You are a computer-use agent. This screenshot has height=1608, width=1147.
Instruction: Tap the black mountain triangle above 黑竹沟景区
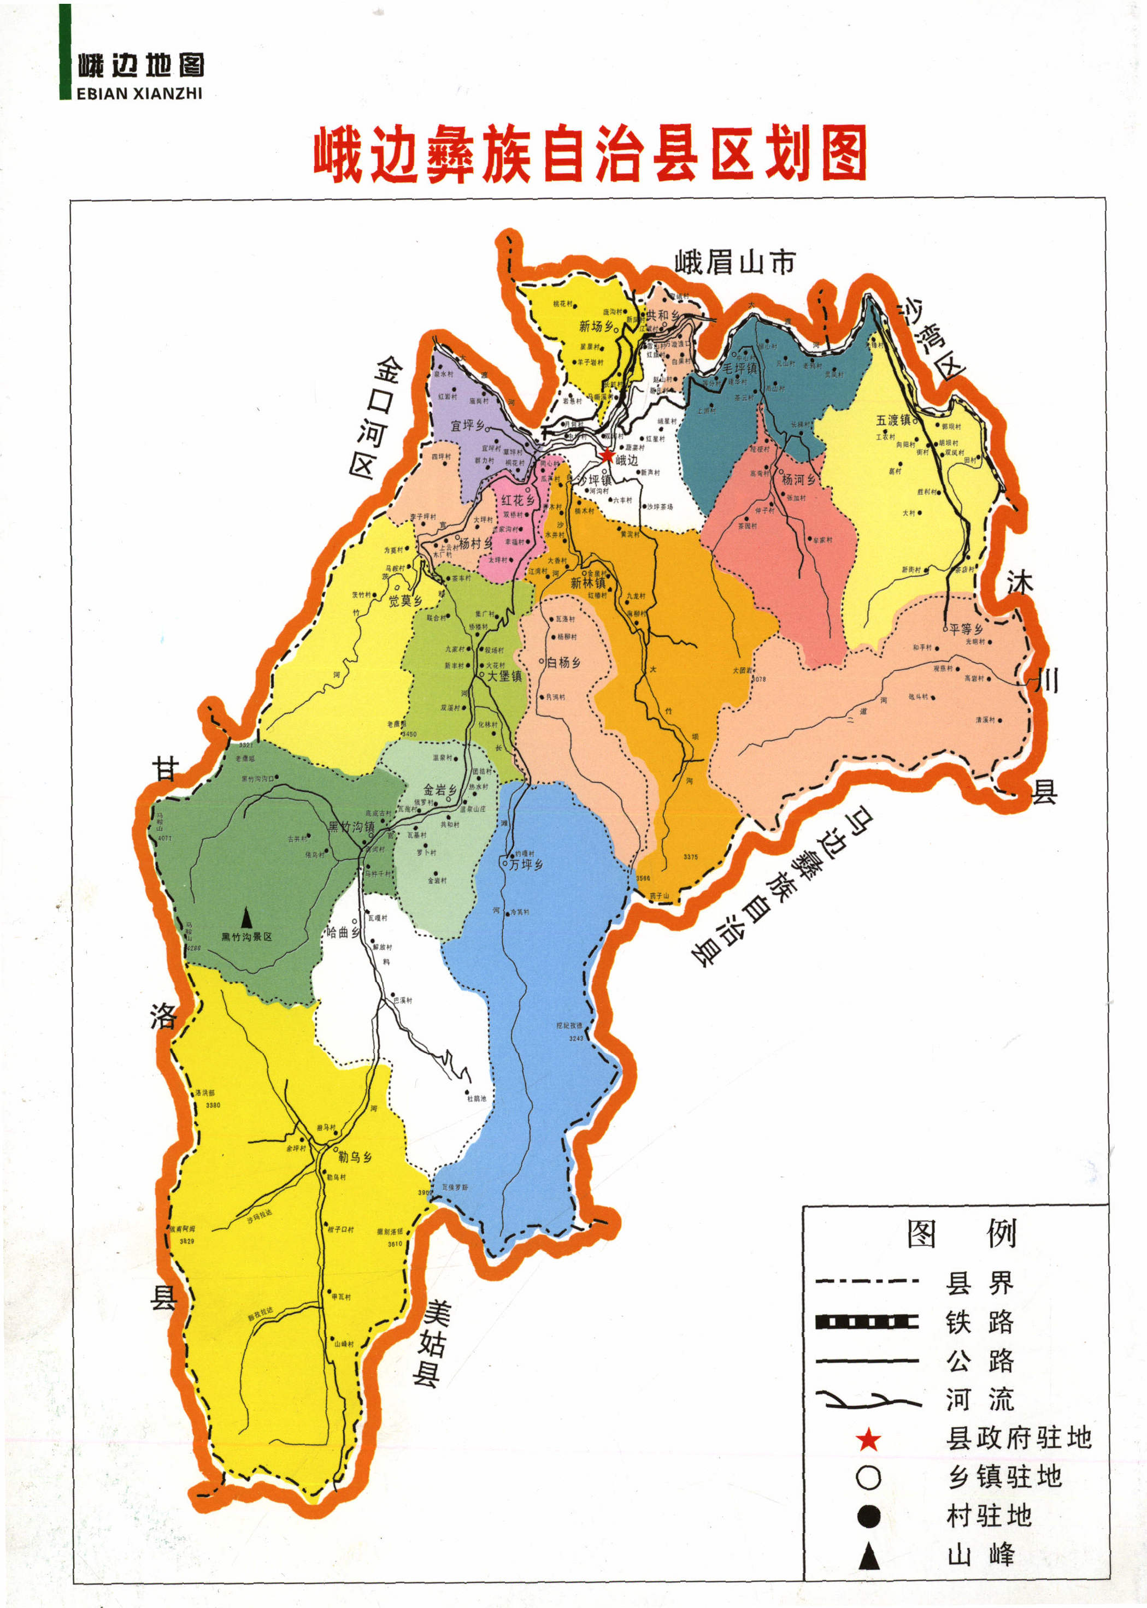tap(246, 918)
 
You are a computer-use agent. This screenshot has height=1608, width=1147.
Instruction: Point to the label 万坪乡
tap(526, 865)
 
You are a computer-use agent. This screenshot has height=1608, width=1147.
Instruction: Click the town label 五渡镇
tap(893, 421)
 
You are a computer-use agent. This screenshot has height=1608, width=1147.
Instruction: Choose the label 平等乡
tap(966, 629)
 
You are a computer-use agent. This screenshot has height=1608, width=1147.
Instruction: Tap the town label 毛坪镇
tap(739, 369)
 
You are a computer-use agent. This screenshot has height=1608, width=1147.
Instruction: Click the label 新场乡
tap(596, 326)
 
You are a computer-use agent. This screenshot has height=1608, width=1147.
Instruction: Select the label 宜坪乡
tap(468, 425)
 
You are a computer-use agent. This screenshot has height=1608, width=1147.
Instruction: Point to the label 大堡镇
tap(504, 676)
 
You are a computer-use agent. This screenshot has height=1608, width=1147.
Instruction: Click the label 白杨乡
tap(563, 663)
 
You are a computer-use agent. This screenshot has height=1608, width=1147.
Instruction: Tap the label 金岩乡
tap(440, 790)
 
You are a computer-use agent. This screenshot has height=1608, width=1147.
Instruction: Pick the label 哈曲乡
tap(342, 932)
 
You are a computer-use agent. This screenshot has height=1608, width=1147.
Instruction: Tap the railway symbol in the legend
tap(867, 1322)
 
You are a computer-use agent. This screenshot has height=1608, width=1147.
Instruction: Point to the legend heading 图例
tap(961, 1234)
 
